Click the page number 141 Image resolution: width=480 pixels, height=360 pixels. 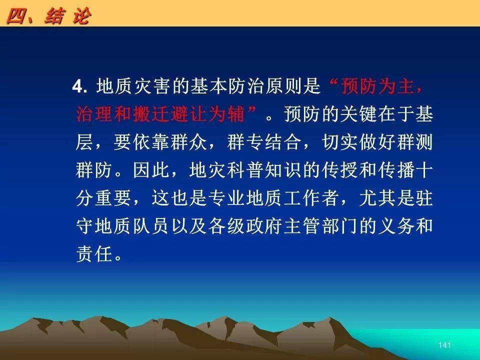(444, 345)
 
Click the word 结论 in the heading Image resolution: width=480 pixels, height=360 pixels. (68, 16)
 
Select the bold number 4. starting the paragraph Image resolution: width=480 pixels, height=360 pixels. (80, 86)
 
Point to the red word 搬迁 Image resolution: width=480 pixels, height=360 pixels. (151, 114)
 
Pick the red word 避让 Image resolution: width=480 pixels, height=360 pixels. (189, 114)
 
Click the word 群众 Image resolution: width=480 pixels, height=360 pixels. (189, 142)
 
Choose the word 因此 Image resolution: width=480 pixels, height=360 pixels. (151, 170)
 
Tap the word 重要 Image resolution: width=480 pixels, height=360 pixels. (113, 198)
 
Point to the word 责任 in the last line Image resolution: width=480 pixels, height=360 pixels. (94, 254)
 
